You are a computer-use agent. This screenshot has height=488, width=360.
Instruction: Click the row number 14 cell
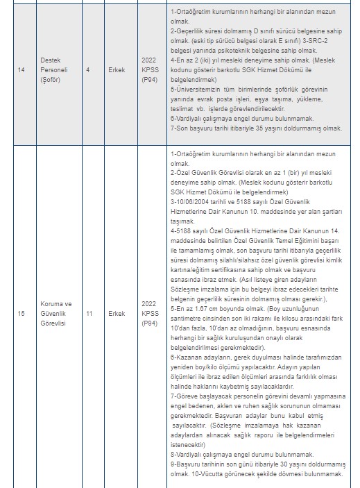(22, 69)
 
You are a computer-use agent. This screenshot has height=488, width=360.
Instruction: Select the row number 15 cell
(22, 313)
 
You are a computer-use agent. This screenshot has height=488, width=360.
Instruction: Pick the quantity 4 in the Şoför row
(87, 69)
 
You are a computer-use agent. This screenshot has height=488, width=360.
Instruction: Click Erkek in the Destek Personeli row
(116, 69)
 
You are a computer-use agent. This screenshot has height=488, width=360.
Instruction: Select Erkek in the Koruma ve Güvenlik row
(116, 313)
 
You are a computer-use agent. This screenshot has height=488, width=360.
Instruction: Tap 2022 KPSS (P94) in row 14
(150, 69)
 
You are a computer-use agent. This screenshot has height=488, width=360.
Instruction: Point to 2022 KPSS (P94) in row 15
(150, 313)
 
